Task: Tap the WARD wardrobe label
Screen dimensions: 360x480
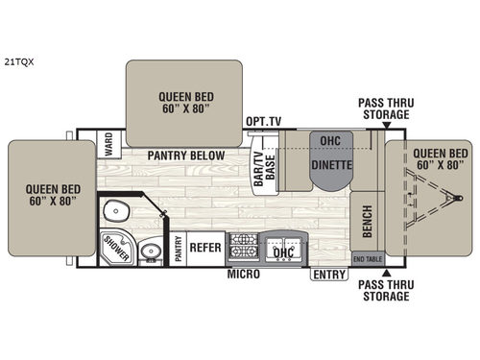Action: pyautogui.click(x=109, y=145)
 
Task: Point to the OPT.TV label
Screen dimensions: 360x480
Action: pyautogui.click(x=262, y=123)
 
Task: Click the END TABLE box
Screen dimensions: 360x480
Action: pyautogui.click(x=366, y=259)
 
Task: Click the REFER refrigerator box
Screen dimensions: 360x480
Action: pyautogui.click(x=205, y=248)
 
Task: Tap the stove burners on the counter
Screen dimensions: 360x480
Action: pyautogui.click(x=243, y=248)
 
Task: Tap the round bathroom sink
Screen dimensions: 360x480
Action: pyautogui.click(x=149, y=253)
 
